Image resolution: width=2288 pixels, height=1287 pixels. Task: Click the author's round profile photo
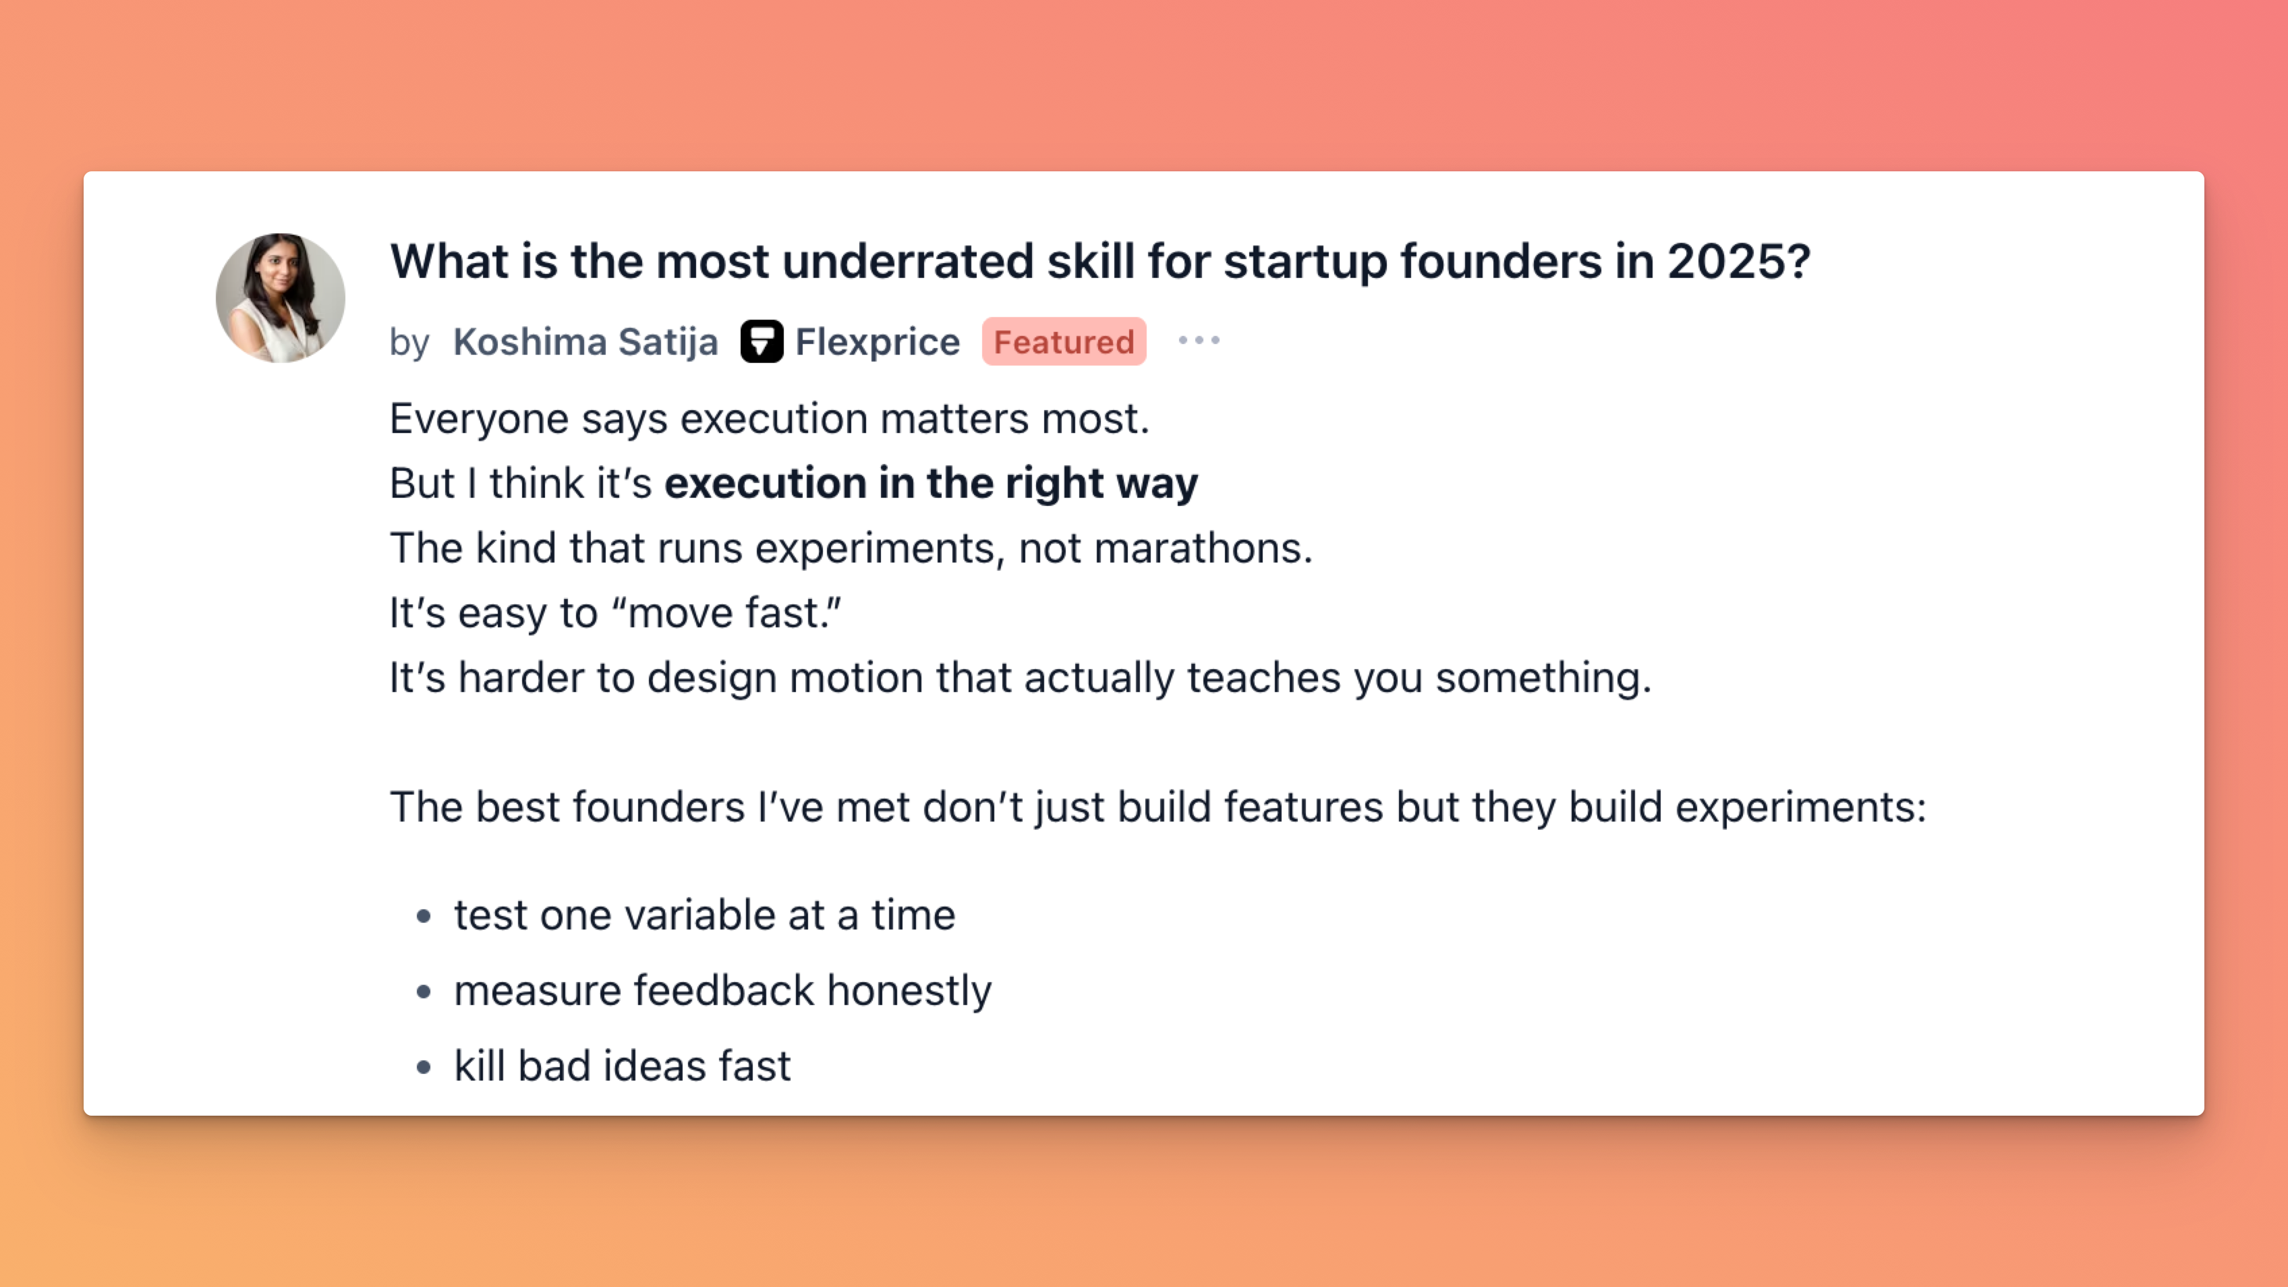281,297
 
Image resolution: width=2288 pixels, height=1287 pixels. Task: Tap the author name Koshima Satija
585,342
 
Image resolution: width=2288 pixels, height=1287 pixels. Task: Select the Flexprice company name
878,342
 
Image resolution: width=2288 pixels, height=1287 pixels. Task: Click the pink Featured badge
1064,341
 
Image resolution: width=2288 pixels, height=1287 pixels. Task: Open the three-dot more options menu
1199,340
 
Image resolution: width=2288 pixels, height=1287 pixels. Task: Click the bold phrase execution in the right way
931,483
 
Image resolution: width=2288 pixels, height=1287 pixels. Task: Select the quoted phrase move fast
726,613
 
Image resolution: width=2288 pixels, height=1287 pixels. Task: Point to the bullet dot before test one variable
424,916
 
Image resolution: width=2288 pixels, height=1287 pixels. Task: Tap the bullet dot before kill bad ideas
424,1066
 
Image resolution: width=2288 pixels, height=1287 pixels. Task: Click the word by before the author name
409,343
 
